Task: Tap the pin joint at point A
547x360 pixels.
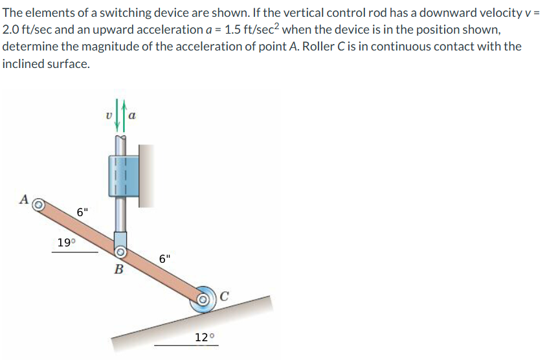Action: [39, 205]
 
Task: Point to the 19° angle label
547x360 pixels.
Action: [65, 243]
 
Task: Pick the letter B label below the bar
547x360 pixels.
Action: [118, 269]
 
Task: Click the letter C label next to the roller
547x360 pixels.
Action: [225, 297]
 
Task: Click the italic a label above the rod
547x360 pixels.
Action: [132, 117]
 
